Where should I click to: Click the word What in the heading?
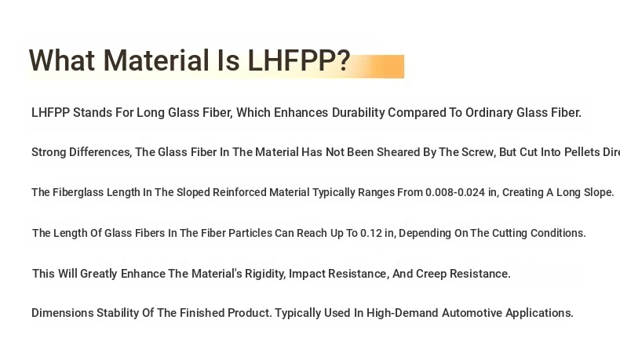click(62, 60)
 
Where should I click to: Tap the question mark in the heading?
click(345, 60)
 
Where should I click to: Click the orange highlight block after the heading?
click(380, 67)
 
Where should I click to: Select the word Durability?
click(358, 113)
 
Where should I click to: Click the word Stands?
click(93, 113)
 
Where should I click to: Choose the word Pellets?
click(582, 152)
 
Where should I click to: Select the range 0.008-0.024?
click(455, 192)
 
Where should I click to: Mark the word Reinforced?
click(239, 192)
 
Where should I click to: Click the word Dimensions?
click(63, 313)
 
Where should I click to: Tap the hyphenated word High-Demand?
click(402, 313)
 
